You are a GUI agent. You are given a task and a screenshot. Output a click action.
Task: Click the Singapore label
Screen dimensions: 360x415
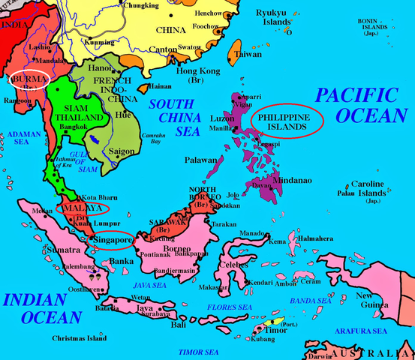(110, 241)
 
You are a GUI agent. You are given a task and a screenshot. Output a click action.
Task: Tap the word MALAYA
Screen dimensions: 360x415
(77, 208)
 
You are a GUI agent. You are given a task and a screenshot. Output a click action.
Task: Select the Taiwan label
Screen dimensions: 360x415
(248, 55)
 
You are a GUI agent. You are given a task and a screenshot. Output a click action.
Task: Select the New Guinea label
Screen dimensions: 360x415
(371, 301)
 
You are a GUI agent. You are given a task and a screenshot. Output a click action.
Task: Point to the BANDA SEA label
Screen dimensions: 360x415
(311, 301)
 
